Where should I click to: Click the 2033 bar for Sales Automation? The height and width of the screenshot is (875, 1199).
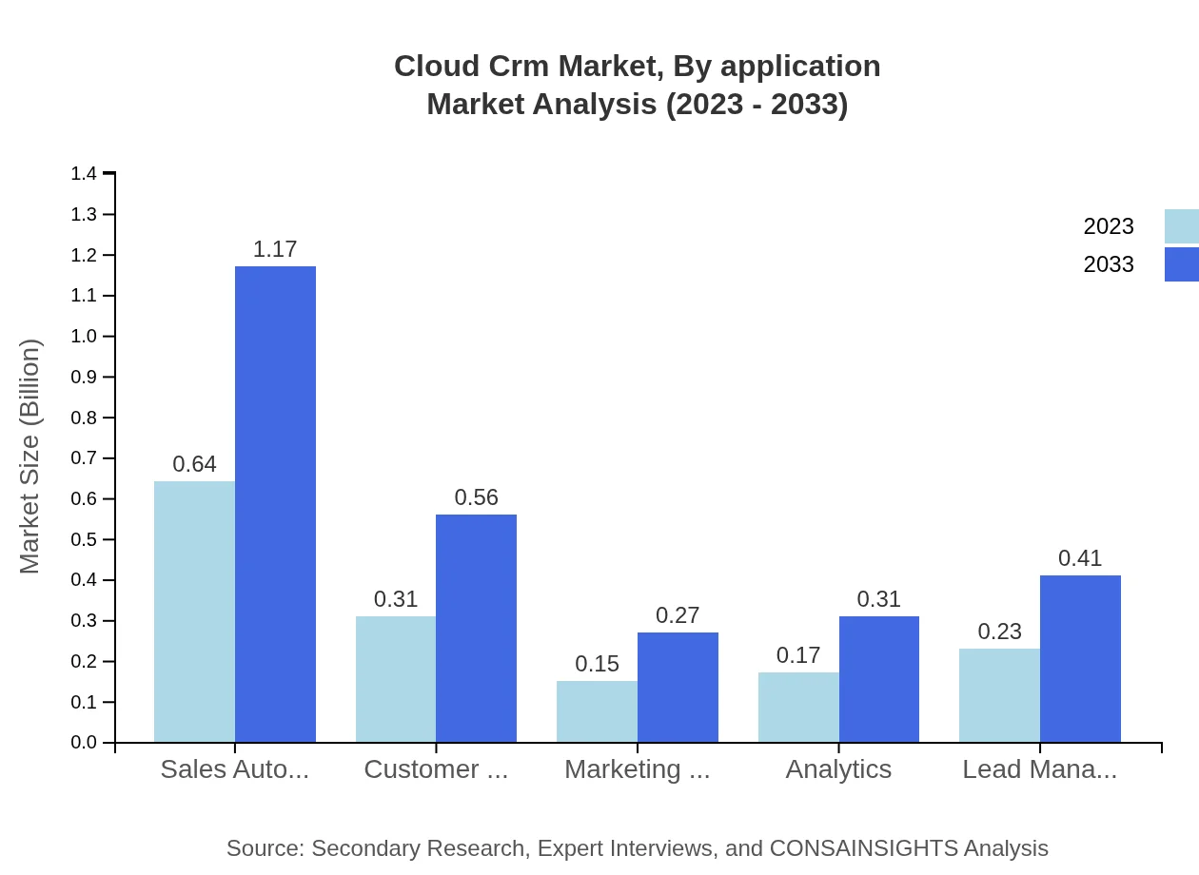click(275, 504)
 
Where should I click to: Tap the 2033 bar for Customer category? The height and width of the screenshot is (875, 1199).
click(476, 628)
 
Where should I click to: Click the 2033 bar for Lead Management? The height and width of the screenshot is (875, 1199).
click(1080, 658)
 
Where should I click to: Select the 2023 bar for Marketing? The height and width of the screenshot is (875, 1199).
click(597, 711)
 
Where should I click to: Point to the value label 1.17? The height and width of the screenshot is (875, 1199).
click(275, 249)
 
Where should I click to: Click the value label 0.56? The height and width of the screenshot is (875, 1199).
click(476, 497)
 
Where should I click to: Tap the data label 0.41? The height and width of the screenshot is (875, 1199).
click(1080, 558)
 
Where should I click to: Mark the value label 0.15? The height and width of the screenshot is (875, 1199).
click(597, 664)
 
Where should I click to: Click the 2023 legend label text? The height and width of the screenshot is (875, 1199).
click(1109, 226)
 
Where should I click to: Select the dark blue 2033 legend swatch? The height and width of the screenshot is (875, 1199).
click(1181, 264)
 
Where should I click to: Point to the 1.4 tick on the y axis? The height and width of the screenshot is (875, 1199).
click(84, 174)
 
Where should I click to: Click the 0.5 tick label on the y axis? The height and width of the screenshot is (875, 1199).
click(84, 540)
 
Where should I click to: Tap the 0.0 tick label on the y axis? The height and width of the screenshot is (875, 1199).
click(84, 743)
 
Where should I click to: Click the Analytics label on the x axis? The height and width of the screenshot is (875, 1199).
click(838, 769)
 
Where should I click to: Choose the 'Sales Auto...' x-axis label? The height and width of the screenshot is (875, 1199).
click(234, 769)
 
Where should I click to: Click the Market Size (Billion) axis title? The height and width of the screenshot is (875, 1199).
click(30, 457)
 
